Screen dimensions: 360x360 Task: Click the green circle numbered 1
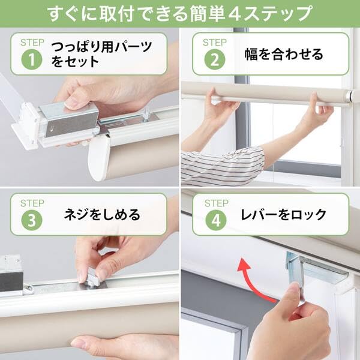[32, 59]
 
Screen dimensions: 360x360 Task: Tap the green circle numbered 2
[215, 59]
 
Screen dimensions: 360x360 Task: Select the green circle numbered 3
[32, 220]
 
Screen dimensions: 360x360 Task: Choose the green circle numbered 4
[215, 220]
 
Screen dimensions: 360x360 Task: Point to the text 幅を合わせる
[284, 55]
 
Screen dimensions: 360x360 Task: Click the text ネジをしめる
[102, 215]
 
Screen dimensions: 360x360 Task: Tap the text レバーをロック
[283, 215]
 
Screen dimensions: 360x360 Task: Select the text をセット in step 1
[75, 62]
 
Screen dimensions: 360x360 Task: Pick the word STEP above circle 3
[32, 203]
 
